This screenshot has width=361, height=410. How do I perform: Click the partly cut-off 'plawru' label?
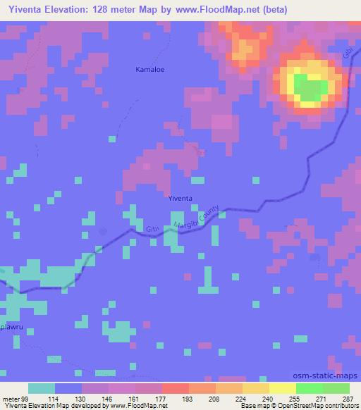(x=11, y=328)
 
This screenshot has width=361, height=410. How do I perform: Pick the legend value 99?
(x=27, y=399)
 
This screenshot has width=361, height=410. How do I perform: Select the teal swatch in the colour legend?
(x=42, y=389)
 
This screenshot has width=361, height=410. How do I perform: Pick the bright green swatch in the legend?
(x=309, y=389)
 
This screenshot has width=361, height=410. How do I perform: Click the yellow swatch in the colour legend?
(x=282, y=389)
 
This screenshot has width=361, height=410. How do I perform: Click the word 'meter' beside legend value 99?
(x=11, y=399)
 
